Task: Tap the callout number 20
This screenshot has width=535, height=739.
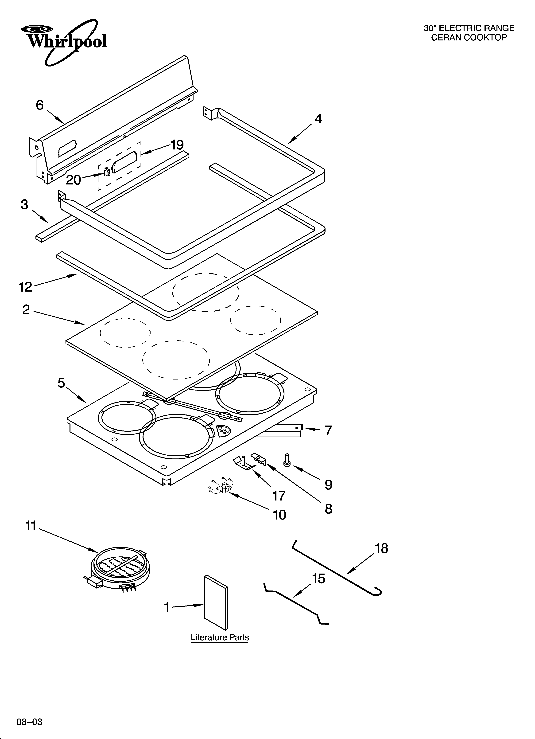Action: click(x=73, y=180)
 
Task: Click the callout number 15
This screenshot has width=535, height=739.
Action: click(x=319, y=579)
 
